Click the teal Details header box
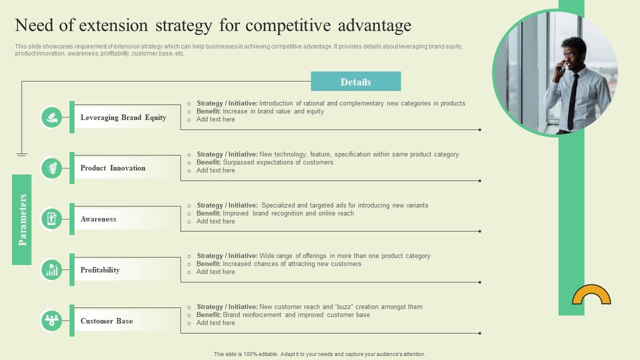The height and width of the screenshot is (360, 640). (355, 81)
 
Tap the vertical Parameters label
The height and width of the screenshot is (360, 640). (22, 219)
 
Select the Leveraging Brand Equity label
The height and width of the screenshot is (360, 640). (123, 117)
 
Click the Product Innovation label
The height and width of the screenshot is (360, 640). (113, 168)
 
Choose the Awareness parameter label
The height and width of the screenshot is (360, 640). (98, 219)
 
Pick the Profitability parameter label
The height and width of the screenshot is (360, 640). (100, 270)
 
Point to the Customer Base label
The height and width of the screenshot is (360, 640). (106, 321)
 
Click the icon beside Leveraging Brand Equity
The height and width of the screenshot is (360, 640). (51, 117)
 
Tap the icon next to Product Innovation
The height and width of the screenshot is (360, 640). (51, 168)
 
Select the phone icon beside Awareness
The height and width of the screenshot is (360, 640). (51, 219)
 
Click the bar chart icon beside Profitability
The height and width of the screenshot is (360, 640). (51, 270)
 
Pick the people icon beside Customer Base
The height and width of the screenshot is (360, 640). (51, 320)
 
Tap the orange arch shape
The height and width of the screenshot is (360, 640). (591, 295)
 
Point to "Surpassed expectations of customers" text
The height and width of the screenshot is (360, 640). (278, 162)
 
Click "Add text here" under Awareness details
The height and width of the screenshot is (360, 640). (215, 221)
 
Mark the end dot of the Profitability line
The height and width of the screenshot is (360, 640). (479, 282)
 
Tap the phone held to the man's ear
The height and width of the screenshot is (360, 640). (561, 67)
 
